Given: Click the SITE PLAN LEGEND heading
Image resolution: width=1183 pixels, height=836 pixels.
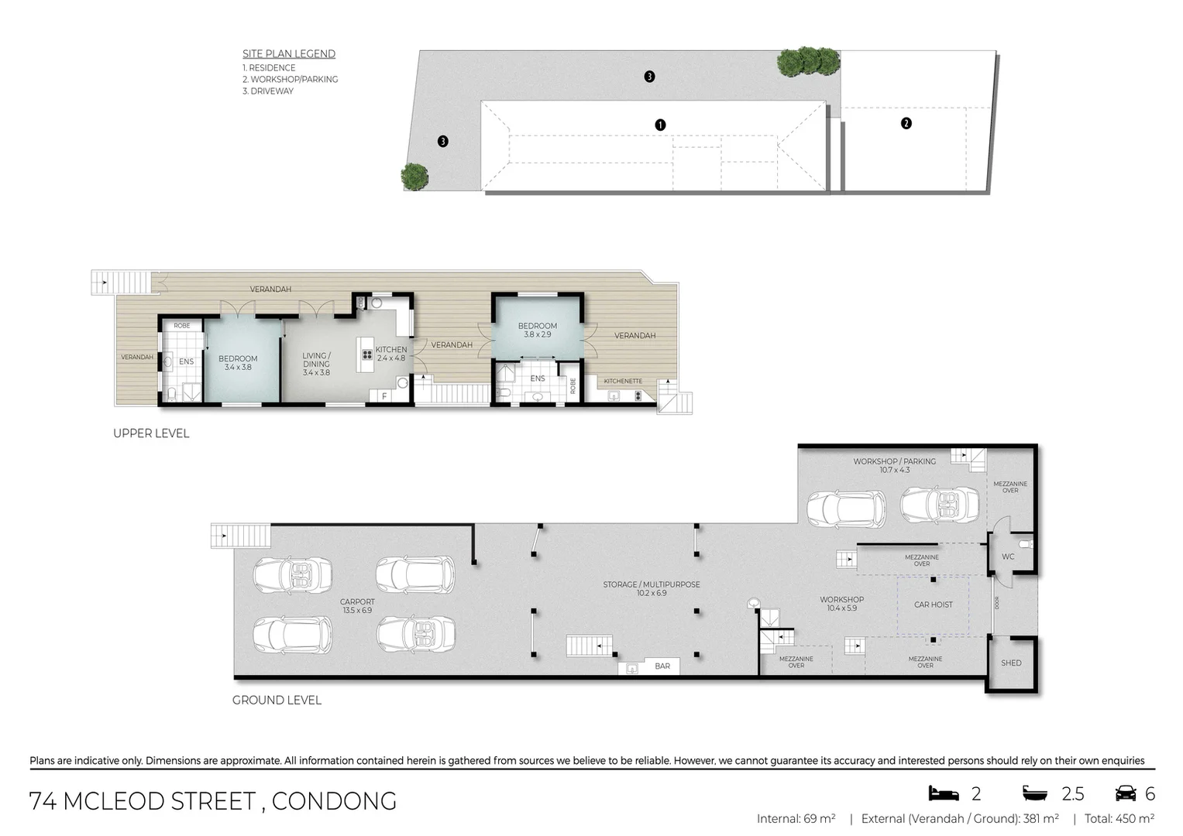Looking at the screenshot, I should [x=289, y=53].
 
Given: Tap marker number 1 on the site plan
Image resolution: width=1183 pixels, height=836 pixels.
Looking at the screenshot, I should [x=660, y=125].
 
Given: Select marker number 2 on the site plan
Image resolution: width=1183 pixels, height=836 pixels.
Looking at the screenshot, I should [x=906, y=123].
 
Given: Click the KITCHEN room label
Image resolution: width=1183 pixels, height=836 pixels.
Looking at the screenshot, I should [x=391, y=354].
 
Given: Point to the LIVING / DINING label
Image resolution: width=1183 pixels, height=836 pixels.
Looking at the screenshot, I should [x=316, y=364].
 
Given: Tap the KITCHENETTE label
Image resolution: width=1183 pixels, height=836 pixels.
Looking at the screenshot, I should [x=623, y=381].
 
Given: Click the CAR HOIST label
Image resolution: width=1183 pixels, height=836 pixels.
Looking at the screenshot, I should [x=933, y=605].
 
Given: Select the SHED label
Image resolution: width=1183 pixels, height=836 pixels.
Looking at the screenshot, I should [x=1011, y=663].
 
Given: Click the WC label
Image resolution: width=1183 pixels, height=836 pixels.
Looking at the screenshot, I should [x=1008, y=557].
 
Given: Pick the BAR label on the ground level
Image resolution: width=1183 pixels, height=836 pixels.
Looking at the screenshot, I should [x=662, y=666].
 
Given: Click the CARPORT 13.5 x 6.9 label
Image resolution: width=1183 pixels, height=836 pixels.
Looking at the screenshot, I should [x=357, y=605].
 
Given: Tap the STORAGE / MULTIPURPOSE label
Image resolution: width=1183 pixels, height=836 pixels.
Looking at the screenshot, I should [x=652, y=588].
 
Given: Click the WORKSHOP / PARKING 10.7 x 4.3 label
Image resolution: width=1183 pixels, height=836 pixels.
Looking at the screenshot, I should [x=894, y=465].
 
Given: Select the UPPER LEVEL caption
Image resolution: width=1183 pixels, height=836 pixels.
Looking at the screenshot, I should [x=151, y=433].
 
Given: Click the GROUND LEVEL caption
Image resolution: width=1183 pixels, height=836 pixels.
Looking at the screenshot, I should [x=277, y=700].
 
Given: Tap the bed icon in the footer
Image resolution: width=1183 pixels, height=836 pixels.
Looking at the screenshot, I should [x=944, y=793].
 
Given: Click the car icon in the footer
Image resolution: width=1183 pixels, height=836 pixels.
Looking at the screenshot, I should [x=1126, y=793].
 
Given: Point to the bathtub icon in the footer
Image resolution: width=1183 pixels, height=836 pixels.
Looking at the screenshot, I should [x=1035, y=793].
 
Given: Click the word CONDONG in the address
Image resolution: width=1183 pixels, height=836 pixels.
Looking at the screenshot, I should [x=334, y=801].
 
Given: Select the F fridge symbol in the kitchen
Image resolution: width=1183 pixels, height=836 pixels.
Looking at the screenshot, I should [x=383, y=396].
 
